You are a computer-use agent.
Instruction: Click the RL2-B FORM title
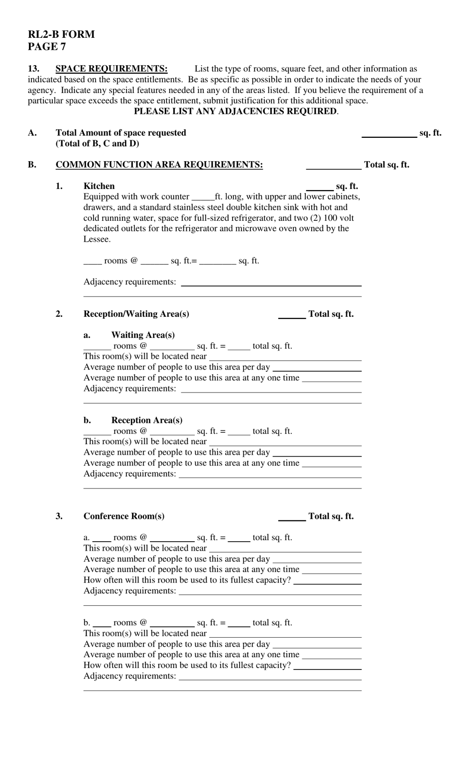(x=61, y=34)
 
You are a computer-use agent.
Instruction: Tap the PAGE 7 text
(x=47, y=47)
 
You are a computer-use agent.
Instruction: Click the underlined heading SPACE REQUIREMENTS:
(x=112, y=69)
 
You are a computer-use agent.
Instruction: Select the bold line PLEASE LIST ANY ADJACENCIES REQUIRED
(x=236, y=111)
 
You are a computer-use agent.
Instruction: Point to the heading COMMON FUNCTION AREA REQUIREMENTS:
(x=159, y=165)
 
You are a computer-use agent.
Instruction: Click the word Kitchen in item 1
(x=99, y=186)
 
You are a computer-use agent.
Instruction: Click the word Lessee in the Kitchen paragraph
(x=97, y=239)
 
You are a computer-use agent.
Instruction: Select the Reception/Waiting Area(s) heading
(x=136, y=314)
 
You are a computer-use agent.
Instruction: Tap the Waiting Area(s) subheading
(x=143, y=335)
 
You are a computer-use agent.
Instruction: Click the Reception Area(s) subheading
(x=147, y=420)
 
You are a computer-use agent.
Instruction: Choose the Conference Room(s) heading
(x=124, y=516)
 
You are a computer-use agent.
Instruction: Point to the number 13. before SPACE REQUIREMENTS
(x=33, y=69)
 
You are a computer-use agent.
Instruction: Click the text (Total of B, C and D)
(x=98, y=144)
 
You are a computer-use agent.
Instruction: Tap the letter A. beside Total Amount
(x=32, y=133)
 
